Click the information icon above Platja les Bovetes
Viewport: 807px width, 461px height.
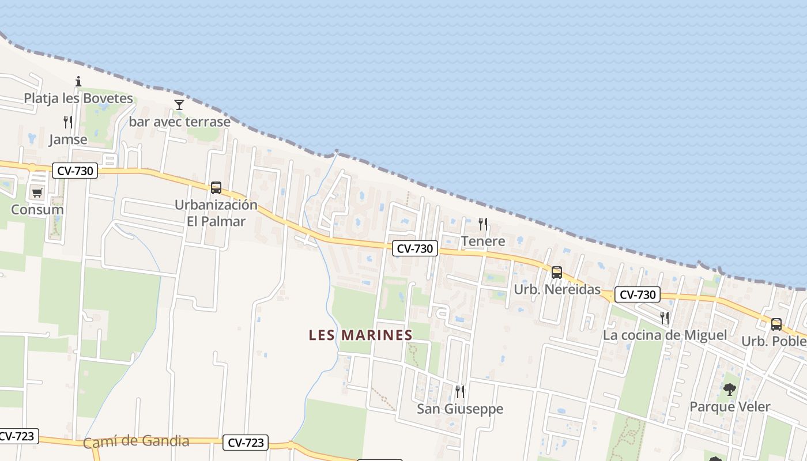[78, 81]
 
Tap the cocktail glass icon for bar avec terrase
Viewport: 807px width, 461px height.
[179, 104]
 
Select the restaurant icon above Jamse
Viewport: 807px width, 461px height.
[68, 122]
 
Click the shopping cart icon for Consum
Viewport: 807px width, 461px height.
[37, 192]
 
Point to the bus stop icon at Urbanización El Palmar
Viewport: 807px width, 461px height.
[216, 187]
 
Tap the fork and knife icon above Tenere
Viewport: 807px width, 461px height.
[483, 224]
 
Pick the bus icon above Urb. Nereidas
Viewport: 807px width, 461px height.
[556, 272]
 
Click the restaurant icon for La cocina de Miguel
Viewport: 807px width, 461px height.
[665, 318]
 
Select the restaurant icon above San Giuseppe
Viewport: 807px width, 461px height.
[459, 391]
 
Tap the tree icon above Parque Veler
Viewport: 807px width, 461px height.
[730, 389]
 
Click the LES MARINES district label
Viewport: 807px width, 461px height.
[361, 335]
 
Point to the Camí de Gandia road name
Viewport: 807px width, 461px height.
[136, 441]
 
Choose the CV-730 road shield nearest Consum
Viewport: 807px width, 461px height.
[75, 171]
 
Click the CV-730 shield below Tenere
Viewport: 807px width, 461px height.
[415, 248]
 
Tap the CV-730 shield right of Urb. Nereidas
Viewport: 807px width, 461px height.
[637, 294]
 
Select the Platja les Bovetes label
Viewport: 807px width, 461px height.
[78, 99]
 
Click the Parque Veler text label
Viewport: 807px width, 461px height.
[730, 407]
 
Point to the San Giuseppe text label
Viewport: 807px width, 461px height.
[460, 409]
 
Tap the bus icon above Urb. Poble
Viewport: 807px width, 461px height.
[776, 324]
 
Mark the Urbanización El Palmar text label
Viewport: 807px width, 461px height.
[216, 213]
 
